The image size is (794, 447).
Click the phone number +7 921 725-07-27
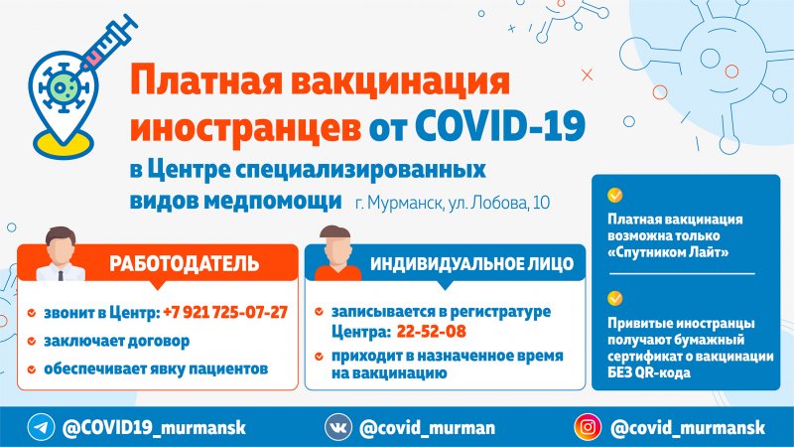(x=224, y=312)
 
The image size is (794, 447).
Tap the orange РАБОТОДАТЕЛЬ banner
(x=184, y=264)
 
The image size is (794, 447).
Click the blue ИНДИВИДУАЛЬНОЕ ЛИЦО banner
(x=470, y=264)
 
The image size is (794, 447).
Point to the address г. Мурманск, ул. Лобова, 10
(x=452, y=203)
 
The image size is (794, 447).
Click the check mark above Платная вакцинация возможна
(x=615, y=195)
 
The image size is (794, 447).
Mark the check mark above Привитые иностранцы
(x=615, y=298)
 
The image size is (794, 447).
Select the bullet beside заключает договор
(x=34, y=341)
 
